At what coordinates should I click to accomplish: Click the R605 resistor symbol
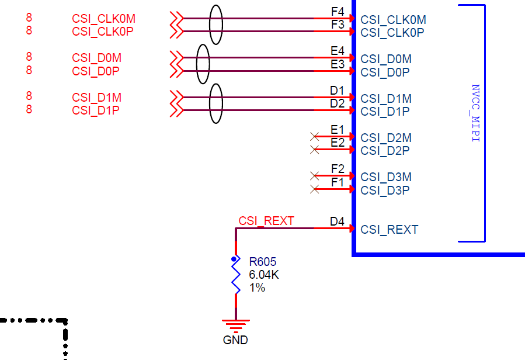point(236,277)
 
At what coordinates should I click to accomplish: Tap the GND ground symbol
point(236,324)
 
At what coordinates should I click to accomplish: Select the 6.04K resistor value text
point(264,275)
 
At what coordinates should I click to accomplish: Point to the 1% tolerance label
point(257,288)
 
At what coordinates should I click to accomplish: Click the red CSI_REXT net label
point(266,221)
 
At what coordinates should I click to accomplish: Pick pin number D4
point(337,221)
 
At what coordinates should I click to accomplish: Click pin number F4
point(338,11)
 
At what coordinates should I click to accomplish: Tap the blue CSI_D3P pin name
point(385,191)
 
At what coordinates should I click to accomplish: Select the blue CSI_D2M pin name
point(386,138)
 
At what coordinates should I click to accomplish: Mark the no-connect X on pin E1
point(315,136)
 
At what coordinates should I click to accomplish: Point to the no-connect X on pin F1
point(315,189)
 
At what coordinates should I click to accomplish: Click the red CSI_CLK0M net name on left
point(105,19)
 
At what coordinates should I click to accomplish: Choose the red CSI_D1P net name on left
point(96,110)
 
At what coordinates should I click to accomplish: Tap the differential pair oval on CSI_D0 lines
point(203,64)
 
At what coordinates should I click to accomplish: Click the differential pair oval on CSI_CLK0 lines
point(215,25)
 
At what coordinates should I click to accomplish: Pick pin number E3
point(338,64)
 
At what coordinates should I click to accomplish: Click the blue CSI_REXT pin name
point(389,230)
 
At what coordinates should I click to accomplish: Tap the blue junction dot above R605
point(235,259)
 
